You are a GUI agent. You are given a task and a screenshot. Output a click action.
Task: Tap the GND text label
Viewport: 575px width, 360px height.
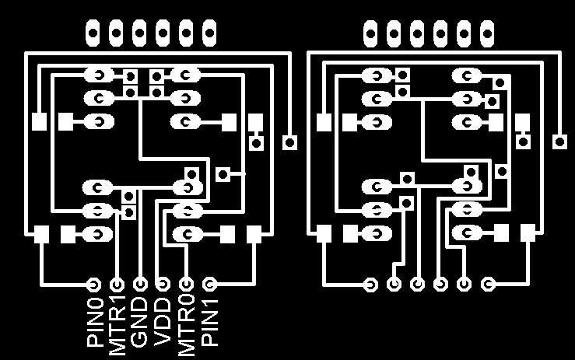140,321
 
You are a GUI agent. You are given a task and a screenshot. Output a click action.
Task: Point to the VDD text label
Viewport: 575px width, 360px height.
163,321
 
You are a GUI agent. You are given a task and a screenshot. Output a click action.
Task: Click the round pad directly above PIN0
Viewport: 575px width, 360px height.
95,284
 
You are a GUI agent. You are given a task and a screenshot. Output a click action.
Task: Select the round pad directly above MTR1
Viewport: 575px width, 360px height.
117,284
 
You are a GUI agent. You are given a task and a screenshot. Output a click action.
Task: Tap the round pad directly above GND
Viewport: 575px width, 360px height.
141,284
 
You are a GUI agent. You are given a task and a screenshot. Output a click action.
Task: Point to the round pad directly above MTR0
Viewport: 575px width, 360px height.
187,284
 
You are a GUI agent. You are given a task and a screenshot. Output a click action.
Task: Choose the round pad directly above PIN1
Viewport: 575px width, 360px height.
209,284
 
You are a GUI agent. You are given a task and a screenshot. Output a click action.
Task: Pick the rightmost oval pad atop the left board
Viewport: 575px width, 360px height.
209,32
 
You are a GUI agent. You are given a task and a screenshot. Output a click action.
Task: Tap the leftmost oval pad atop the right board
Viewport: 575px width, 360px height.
371,32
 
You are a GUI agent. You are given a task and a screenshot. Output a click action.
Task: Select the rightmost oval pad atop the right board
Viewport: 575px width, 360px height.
488,32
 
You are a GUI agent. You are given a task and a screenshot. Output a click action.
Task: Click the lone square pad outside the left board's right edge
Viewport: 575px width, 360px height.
290,142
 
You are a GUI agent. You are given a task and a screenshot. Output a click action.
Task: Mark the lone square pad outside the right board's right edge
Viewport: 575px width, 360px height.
559,142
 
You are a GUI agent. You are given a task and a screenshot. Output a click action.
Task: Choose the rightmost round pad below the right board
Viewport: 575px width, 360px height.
488,284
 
